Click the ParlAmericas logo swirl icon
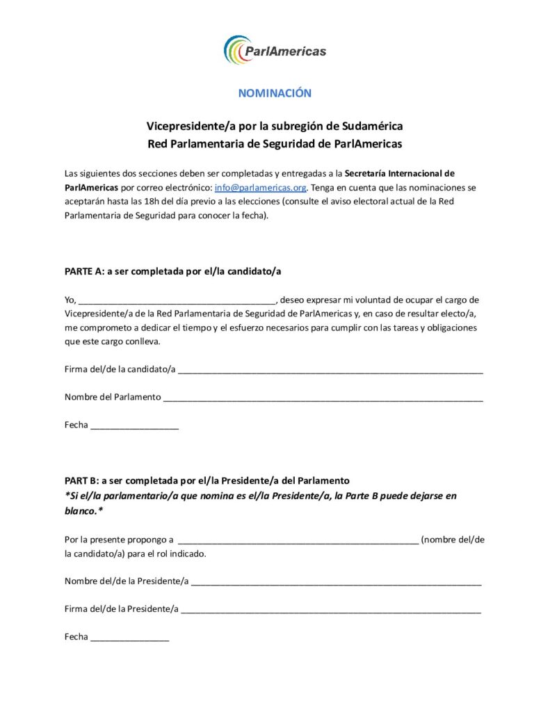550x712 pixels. tap(236, 50)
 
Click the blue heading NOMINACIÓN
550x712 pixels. tap(275, 93)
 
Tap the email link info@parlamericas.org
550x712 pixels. tap(261, 188)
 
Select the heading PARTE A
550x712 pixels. tap(82, 271)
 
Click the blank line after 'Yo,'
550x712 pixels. tap(177, 301)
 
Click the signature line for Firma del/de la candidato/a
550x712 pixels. tap(330, 370)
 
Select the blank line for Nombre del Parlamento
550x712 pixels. tap(323, 398)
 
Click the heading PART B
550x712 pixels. tap(81, 480)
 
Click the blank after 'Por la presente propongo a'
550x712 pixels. tap(298, 540)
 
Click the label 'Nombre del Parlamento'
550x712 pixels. tap(113, 397)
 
